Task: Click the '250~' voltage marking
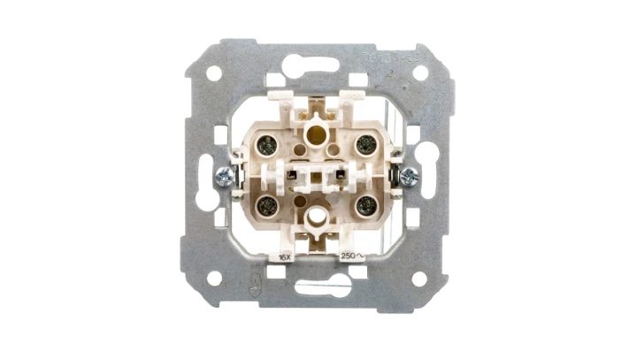pyautogui.click(x=351, y=256)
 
